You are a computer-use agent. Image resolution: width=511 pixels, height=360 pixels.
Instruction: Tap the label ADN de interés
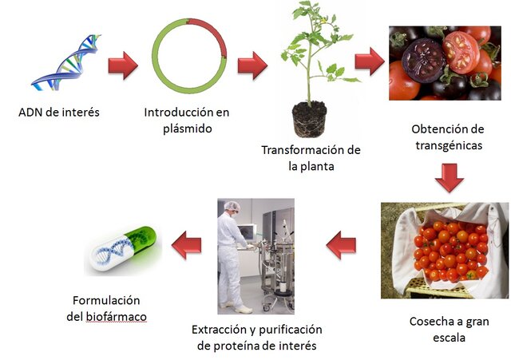[x=60, y=112]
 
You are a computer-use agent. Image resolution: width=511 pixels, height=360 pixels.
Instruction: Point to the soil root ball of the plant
[x=309, y=117]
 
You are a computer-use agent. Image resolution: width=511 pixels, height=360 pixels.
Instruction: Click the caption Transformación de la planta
[x=311, y=158]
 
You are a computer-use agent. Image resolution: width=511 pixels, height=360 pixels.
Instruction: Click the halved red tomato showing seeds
[x=462, y=53]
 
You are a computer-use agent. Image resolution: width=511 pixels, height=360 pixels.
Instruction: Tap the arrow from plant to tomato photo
[x=369, y=61]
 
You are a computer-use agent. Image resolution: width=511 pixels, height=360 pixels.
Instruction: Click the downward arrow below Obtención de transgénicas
[x=450, y=178]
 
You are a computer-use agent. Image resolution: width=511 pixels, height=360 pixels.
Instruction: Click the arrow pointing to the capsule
[x=186, y=243]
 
